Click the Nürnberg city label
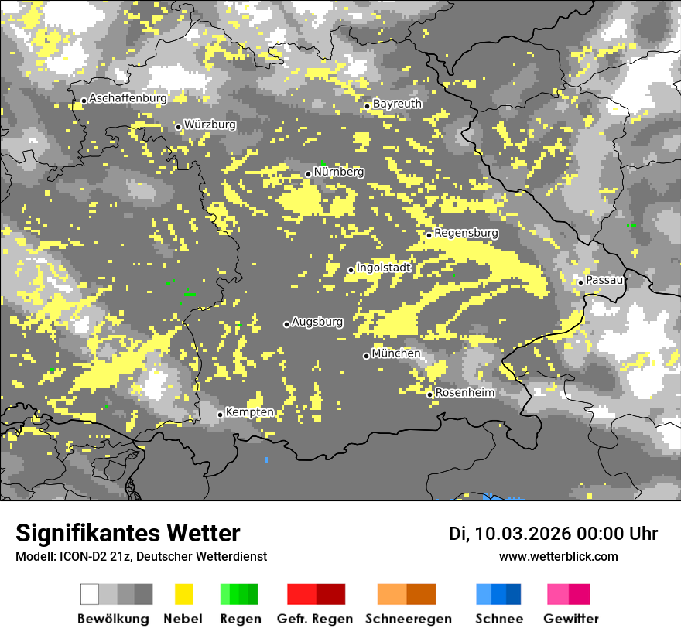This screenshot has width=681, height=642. click(x=339, y=172)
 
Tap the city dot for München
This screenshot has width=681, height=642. click(x=367, y=356)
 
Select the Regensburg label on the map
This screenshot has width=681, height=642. click(x=466, y=233)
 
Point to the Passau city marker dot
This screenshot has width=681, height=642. click(x=580, y=282)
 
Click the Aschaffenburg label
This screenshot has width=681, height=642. click(x=128, y=98)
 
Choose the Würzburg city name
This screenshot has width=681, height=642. click(x=210, y=125)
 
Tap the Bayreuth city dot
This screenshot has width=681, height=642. click(x=367, y=106)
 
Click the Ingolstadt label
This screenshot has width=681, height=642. click(x=384, y=268)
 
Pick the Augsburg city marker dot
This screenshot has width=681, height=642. click(x=286, y=324)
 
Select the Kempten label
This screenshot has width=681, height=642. click(x=249, y=412)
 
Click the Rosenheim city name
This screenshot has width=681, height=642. click(x=464, y=393)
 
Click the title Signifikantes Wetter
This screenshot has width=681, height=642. click(x=128, y=533)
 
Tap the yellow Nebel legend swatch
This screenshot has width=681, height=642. click(x=183, y=594)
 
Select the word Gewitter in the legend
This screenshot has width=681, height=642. click(x=571, y=619)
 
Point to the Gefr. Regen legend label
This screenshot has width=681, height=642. click(x=315, y=619)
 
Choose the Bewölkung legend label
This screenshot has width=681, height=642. click(x=113, y=619)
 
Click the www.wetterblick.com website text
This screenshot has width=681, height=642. click(x=558, y=557)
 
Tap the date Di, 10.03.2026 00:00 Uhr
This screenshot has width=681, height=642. click(x=553, y=534)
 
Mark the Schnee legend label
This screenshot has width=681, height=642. click(x=499, y=619)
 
